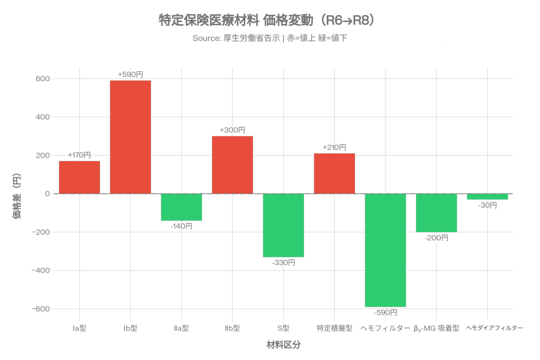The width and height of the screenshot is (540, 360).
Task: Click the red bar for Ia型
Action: (x=79, y=177)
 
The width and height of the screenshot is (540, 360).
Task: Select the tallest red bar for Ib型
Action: (x=130, y=137)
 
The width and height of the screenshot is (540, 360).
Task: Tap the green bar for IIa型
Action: (x=181, y=207)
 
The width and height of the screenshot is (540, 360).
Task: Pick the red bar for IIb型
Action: (x=232, y=164)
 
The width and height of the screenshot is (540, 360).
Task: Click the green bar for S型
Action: (x=283, y=226)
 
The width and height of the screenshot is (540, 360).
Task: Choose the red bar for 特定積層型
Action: (x=334, y=173)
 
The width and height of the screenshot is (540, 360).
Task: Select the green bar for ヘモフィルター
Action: (x=385, y=250)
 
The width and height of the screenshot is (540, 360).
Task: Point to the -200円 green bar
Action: (x=436, y=213)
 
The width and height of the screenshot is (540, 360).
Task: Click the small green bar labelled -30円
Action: (x=487, y=197)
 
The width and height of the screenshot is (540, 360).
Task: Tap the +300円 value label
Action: (x=233, y=130)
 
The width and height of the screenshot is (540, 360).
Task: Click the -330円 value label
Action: (x=283, y=262)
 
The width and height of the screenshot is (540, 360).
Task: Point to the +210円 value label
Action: (x=334, y=148)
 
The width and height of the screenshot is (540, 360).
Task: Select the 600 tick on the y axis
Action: (x=43, y=79)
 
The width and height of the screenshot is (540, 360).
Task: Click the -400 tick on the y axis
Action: (x=41, y=270)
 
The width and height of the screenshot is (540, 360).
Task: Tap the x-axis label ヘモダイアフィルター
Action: (x=495, y=328)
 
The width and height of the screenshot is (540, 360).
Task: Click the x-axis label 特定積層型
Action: (x=334, y=328)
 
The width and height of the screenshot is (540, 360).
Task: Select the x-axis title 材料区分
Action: (x=283, y=345)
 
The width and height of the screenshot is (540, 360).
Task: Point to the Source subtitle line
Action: (x=269, y=38)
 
